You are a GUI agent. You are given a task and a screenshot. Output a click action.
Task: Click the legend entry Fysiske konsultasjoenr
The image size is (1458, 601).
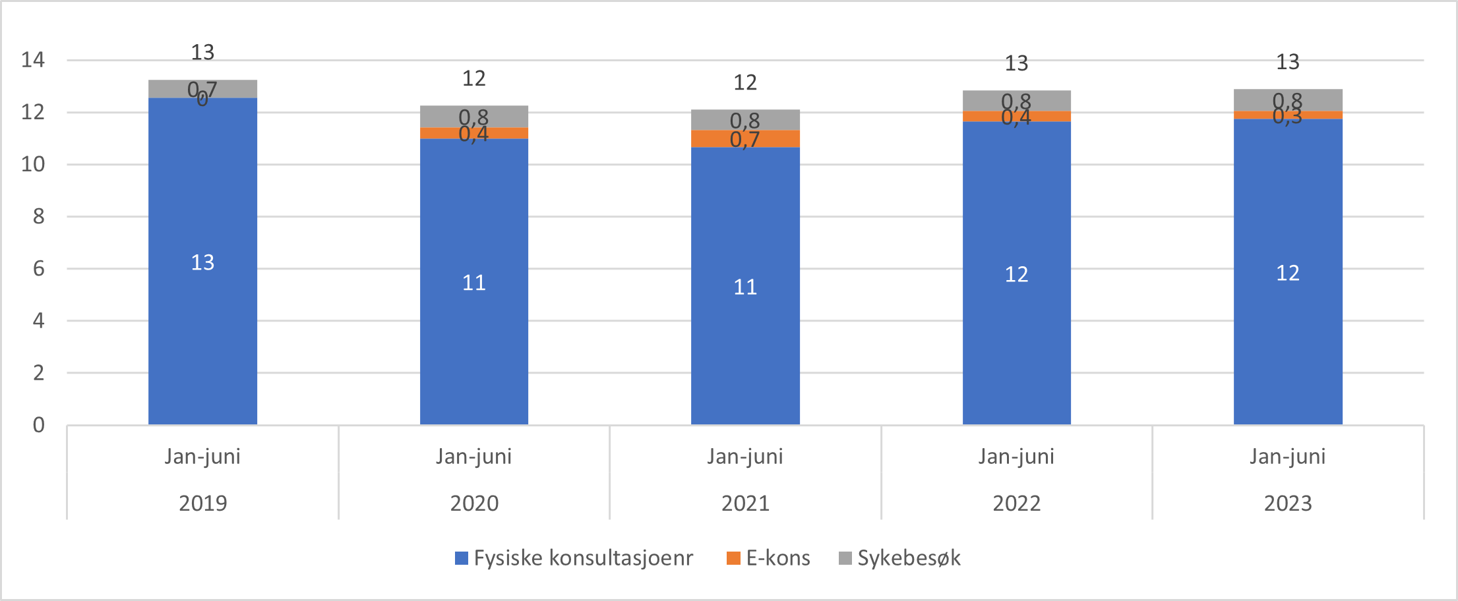574,558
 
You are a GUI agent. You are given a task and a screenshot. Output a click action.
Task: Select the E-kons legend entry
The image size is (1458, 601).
769,558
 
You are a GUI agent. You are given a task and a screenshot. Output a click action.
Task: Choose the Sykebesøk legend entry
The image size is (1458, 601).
900,558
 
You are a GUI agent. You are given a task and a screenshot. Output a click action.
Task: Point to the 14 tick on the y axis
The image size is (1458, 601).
33,60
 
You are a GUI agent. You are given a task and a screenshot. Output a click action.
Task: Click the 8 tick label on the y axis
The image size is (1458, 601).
38,216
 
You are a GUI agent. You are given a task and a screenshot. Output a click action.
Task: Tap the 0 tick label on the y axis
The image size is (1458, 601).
38,425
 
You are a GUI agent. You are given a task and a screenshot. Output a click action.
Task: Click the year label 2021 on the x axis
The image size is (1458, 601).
745,503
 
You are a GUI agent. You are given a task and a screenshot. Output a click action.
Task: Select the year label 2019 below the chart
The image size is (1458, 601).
202,503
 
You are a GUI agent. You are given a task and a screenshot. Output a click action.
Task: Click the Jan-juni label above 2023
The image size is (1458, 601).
1287,456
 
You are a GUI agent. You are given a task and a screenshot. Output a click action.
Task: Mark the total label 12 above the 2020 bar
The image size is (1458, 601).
473,79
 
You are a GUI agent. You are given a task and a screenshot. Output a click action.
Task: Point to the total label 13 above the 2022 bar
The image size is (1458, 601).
1016,64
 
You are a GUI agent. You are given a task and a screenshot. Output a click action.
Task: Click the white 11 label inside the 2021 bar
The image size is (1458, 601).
745,287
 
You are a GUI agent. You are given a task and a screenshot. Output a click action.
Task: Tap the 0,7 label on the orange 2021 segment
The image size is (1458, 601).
744,140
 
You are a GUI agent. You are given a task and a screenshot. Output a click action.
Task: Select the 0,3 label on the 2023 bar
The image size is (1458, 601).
1287,117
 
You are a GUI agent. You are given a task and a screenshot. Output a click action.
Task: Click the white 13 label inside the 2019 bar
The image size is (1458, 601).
202,263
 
